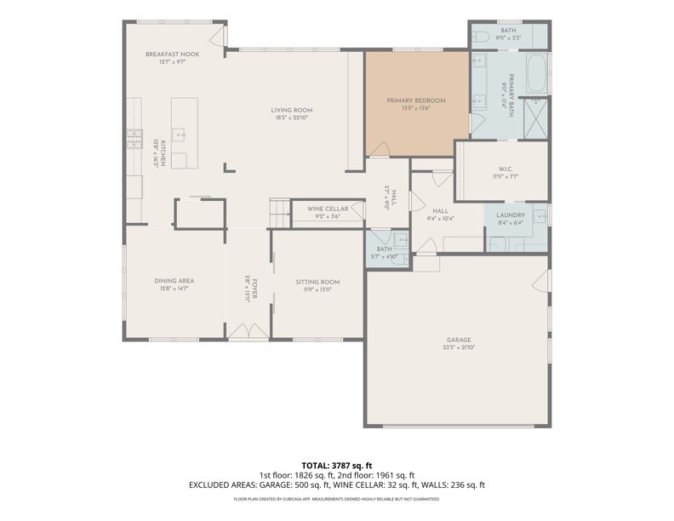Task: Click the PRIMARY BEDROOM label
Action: pos(416,100)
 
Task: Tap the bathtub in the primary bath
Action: pos(538,74)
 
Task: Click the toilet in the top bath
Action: pos(480,37)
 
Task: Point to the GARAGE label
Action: pos(459,340)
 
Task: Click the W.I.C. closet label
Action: pos(505,169)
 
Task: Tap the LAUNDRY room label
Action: pos(511,215)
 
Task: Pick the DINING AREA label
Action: pos(174,281)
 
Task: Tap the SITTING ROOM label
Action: pos(317,282)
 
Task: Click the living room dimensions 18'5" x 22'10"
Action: pos(292,117)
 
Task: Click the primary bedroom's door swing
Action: pos(379,150)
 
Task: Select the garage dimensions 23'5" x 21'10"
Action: pos(459,347)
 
